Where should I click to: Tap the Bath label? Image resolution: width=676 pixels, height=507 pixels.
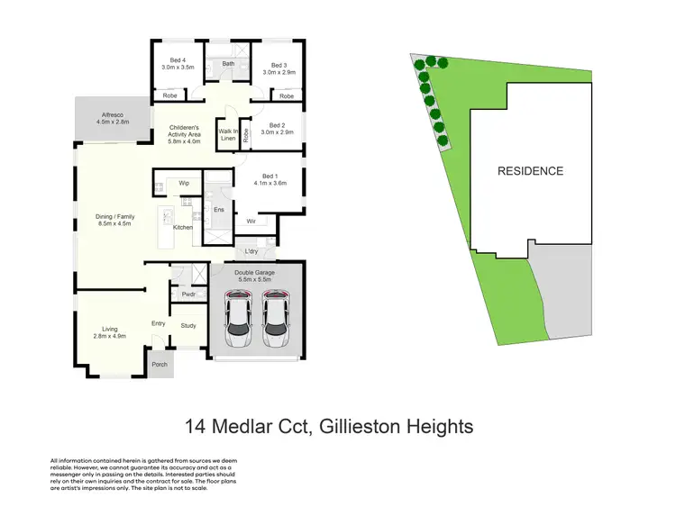(229, 64)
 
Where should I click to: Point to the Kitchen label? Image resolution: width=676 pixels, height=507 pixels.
(183, 228)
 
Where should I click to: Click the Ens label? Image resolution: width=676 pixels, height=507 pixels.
(218, 210)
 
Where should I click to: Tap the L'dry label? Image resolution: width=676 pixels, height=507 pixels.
(251, 252)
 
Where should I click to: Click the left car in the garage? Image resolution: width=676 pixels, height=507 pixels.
(238, 321)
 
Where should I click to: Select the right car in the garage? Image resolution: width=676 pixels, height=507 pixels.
(278, 321)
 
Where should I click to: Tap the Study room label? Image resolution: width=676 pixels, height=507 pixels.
(188, 325)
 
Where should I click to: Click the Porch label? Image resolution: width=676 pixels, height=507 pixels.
(160, 365)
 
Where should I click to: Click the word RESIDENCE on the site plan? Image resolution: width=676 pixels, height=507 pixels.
(531, 171)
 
